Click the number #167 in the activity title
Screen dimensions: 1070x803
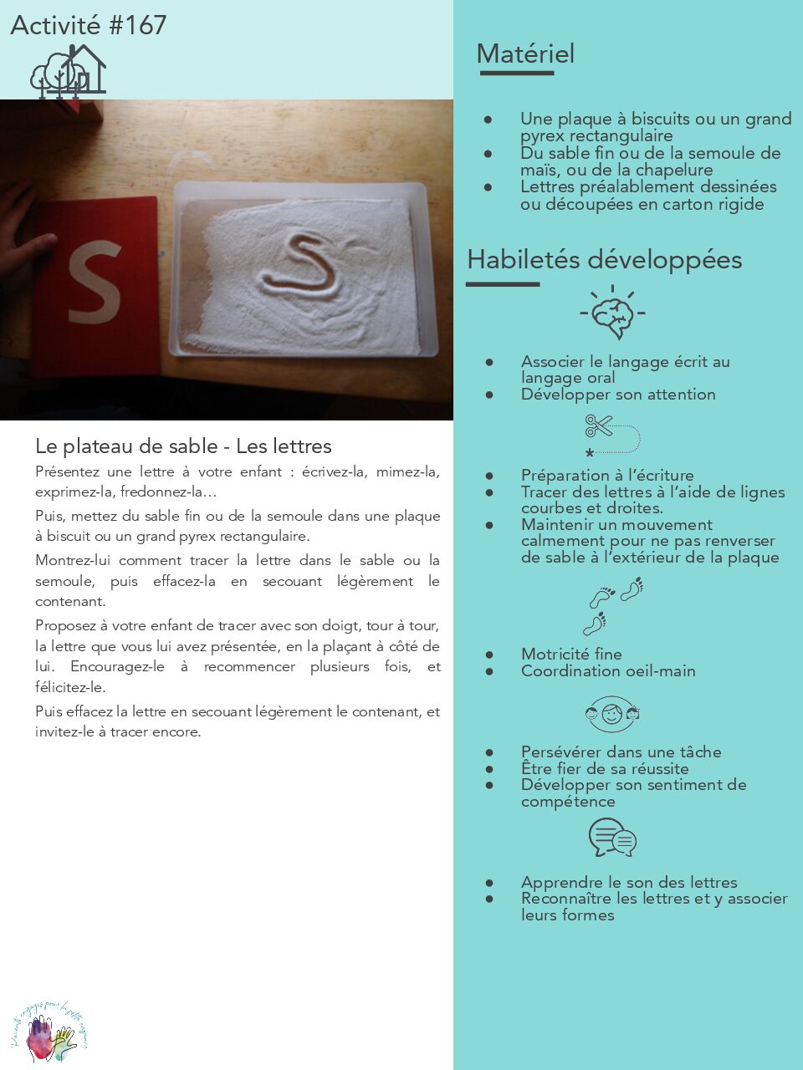point(138,25)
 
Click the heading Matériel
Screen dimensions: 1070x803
point(525,54)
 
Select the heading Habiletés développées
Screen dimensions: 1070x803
point(604,260)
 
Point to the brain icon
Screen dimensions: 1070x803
point(614,313)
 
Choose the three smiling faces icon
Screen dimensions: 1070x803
point(612,714)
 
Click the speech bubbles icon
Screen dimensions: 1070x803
point(612,838)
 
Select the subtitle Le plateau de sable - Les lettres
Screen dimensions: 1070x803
point(183,446)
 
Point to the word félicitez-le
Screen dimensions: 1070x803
point(70,687)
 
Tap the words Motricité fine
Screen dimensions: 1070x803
point(571,654)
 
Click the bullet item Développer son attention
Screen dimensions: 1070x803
point(618,395)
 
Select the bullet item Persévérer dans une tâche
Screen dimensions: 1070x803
point(621,752)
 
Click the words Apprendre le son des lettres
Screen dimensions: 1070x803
point(629,882)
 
